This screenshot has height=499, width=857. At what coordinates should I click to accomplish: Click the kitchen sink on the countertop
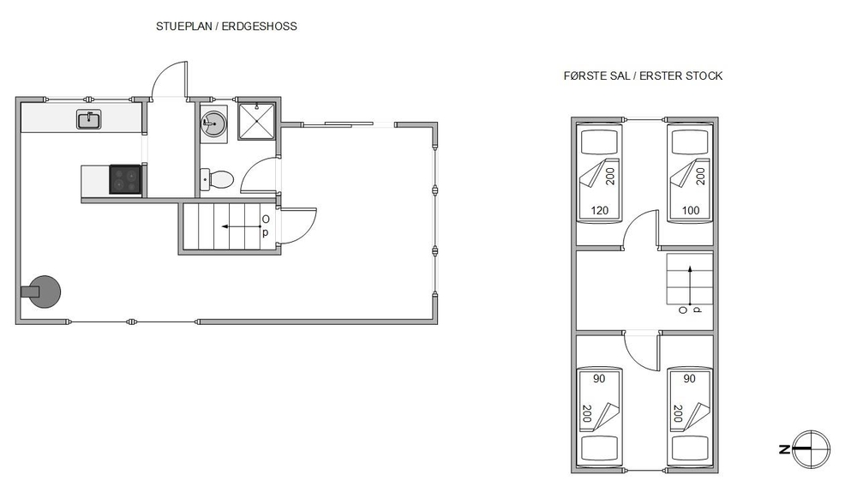point(88,120)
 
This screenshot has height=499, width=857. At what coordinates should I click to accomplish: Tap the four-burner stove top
point(126,179)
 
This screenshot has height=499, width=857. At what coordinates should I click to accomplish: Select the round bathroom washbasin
point(213,124)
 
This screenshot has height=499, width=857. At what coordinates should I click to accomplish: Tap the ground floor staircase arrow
point(241,226)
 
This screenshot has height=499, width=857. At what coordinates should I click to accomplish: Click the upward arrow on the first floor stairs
point(690,285)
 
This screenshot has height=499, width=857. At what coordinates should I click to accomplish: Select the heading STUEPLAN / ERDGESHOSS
point(226,27)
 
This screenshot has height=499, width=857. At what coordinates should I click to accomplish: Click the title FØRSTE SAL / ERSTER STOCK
point(643,76)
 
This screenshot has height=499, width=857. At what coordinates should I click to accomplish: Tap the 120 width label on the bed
point(600,210)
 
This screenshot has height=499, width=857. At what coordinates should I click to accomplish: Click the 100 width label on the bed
point(690,210)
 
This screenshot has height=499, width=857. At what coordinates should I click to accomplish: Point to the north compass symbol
point(811,449)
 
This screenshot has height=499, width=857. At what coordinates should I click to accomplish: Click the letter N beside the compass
point(784,450)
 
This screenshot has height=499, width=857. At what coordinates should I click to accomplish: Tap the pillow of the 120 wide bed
point(599,142)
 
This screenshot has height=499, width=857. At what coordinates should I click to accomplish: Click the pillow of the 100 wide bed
point(690,142)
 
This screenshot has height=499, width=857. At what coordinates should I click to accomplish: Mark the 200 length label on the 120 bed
point(610,177)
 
